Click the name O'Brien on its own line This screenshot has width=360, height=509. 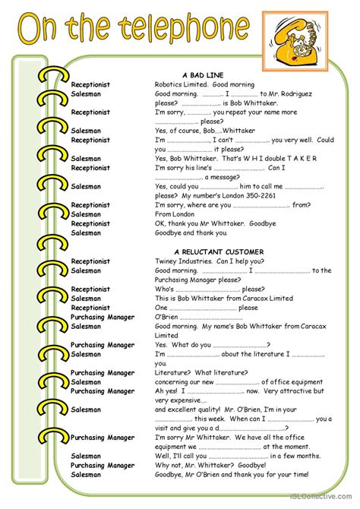pos(169,317)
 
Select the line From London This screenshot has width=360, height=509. pos(175,214)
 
